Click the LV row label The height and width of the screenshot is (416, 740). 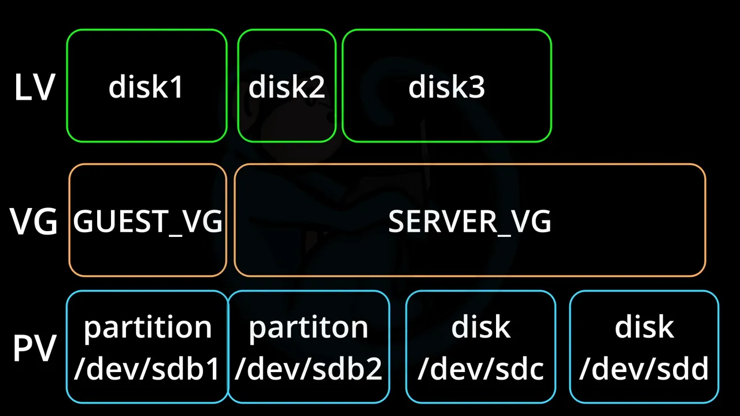tap(34, 87)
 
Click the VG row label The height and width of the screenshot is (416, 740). tap(34, 221)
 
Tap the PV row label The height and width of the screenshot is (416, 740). tap(34, 348)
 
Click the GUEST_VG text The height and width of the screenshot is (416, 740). tap(147, 222)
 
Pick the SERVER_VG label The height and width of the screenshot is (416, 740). tap(469, 222)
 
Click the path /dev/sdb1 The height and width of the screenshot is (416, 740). tap(147, 368)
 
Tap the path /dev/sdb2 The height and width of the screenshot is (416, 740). tap(308, 368)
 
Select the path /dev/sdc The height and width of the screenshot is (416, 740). tap(480, 368)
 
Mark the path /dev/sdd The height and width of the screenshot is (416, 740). tap(644, 368)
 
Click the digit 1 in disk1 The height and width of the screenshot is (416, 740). tap(176, 87)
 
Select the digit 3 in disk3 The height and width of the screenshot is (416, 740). tap(477, 87)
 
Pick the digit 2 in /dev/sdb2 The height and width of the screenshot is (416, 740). tap(374, 369)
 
